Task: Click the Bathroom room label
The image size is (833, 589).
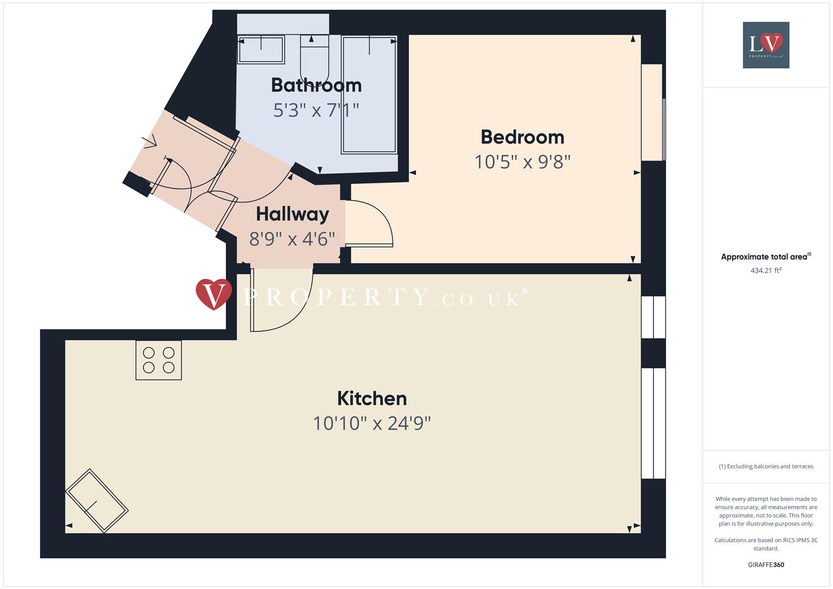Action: click(316, 85)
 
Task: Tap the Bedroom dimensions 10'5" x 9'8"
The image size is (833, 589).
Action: click(522, 162)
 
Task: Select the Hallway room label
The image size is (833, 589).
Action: click(292, 214)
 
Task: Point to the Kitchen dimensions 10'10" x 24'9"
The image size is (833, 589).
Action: click(371, 423)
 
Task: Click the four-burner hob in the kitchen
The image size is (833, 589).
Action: click(158, 360)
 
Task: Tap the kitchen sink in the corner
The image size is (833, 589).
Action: click(97, 500)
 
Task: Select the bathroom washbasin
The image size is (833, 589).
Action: click(261, 50)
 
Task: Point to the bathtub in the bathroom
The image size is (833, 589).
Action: click(369, 94)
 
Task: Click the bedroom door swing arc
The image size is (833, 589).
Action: click(376, 224)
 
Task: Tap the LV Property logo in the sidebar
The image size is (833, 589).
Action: click(766, 45)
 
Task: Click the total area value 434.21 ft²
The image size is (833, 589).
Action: click(766, 271)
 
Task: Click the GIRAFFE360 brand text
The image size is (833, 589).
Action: click(766, 565)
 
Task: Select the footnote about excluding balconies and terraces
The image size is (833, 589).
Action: click(766, 466)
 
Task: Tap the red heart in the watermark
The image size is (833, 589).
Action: click(213, 294)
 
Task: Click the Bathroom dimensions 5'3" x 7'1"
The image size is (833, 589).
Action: click(316, 110)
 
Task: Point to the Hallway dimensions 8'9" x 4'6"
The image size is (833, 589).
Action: click(292, 239)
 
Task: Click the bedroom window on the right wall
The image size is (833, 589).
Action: click(652, 112)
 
